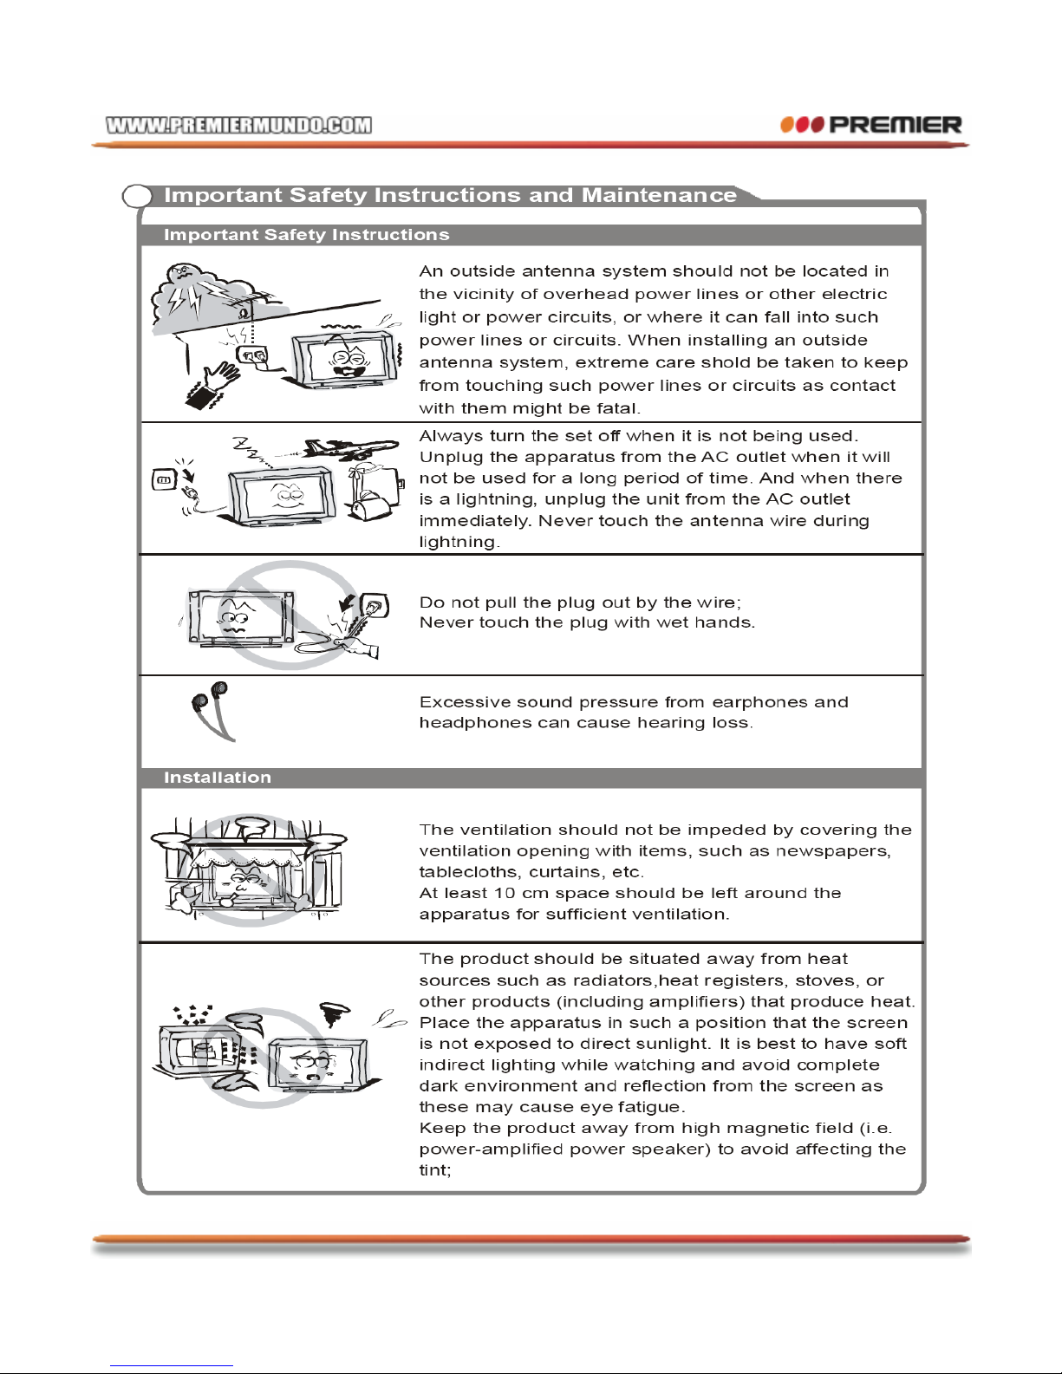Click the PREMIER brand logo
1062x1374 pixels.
click(870, 125)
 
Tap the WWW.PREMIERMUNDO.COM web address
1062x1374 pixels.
click(239, 125)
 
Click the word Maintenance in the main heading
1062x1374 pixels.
click(659, 195)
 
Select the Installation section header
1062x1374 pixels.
click(218, 777)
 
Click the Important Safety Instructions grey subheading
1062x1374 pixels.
click(307, 235)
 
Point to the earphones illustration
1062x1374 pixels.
click(212, 711)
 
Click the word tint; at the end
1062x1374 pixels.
click(435, 1169)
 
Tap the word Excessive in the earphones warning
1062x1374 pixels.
click(465, 702)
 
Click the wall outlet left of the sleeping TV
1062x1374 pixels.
click(163, 480)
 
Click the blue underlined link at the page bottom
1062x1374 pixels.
click(172, 1367)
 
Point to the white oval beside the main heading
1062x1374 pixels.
click(137, 196)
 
